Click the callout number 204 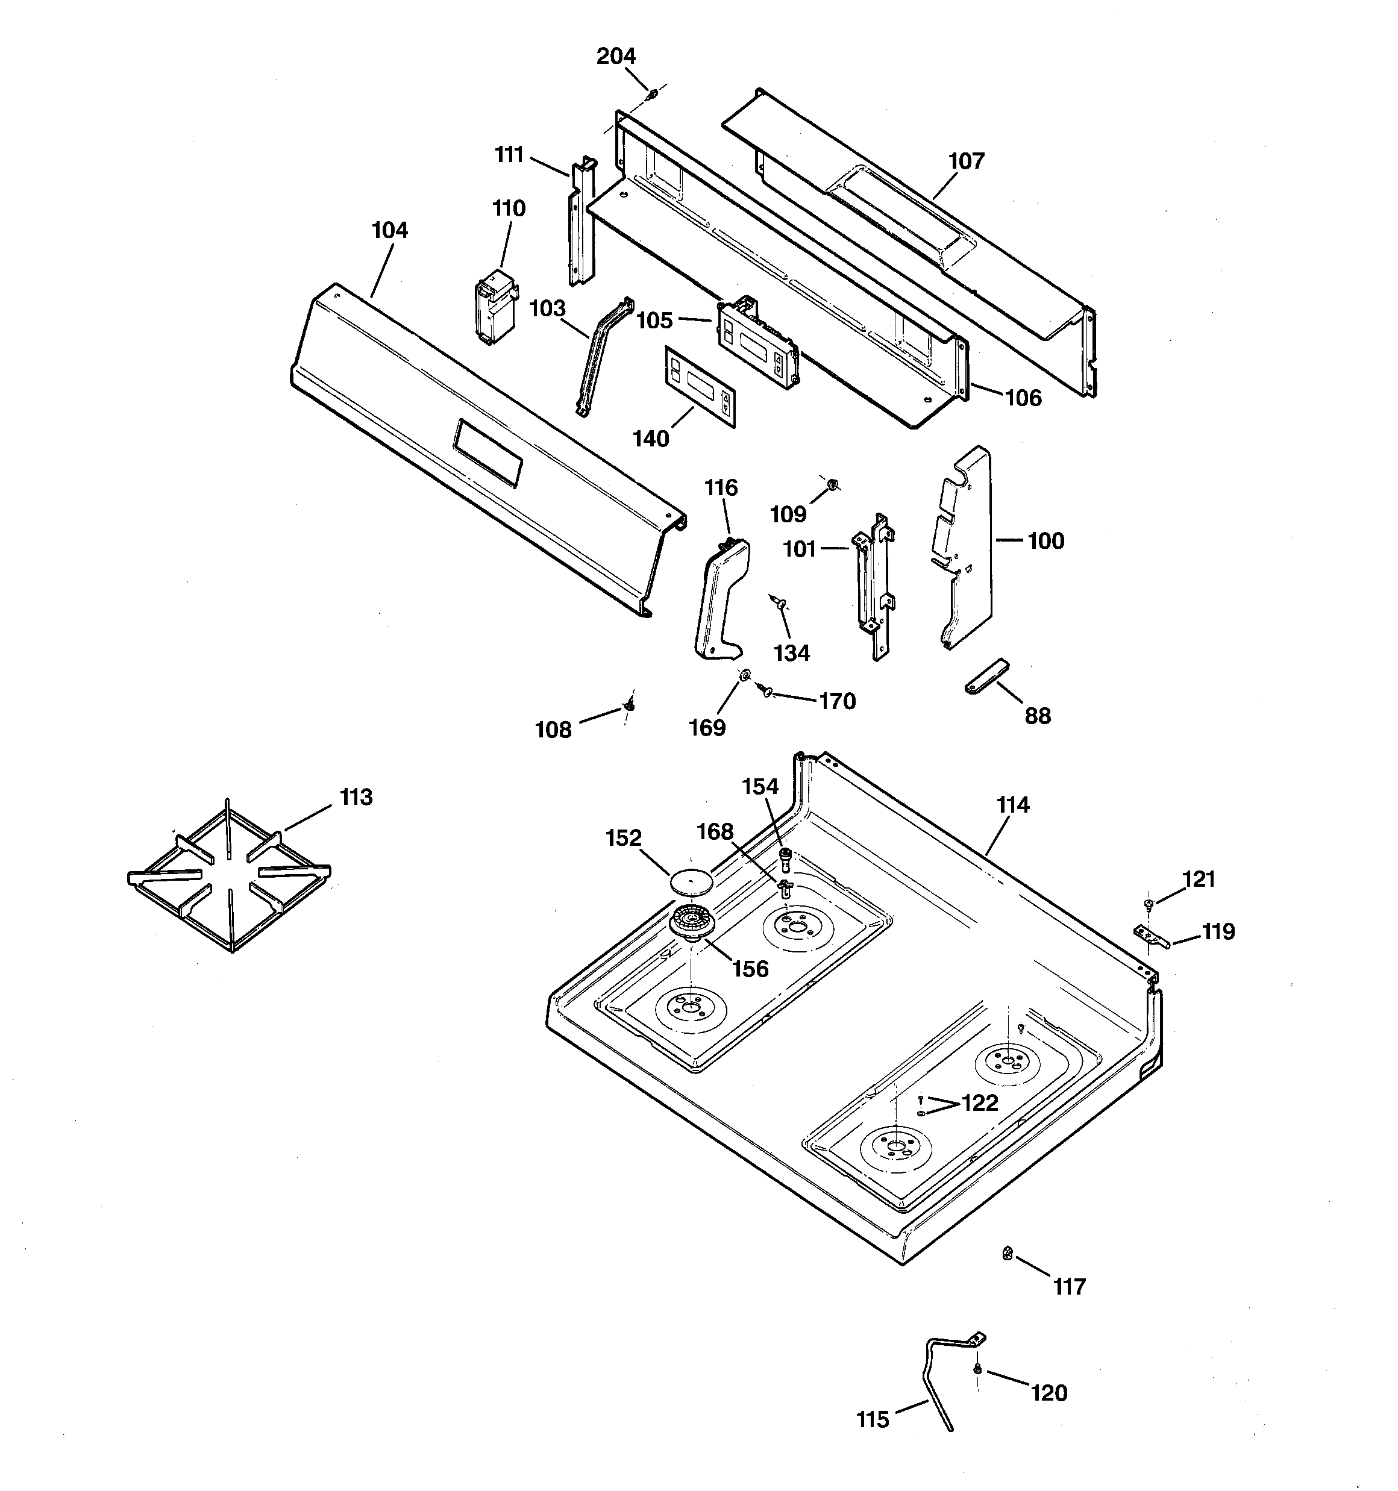(x=615, y=56)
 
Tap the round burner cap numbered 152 (x=689, y=880)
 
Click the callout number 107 (x=966, y=161)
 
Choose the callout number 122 (x=979, y=1102)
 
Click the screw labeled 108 (x=630, y=705)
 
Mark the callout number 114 (x=1012, y=805)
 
